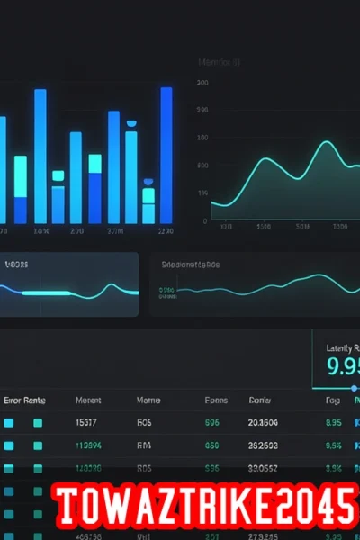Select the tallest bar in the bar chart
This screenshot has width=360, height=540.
[166, 153]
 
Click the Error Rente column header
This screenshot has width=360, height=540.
[24, 400]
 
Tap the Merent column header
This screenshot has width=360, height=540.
[88, 400]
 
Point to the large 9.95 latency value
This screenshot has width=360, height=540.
[342, 366]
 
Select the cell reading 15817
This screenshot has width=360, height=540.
[88, 421]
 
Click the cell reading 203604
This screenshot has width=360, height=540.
[263, 421]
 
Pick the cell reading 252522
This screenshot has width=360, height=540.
[263, 445]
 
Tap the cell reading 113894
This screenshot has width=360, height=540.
[88, 445]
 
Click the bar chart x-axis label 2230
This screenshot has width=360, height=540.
[165, 231]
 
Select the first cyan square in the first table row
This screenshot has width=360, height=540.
[9, 421]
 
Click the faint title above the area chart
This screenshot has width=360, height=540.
[219, 63]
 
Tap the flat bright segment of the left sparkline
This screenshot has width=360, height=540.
[45, 293]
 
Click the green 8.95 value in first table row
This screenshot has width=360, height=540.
[333, 421]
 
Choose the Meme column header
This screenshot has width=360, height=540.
[148, 400]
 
